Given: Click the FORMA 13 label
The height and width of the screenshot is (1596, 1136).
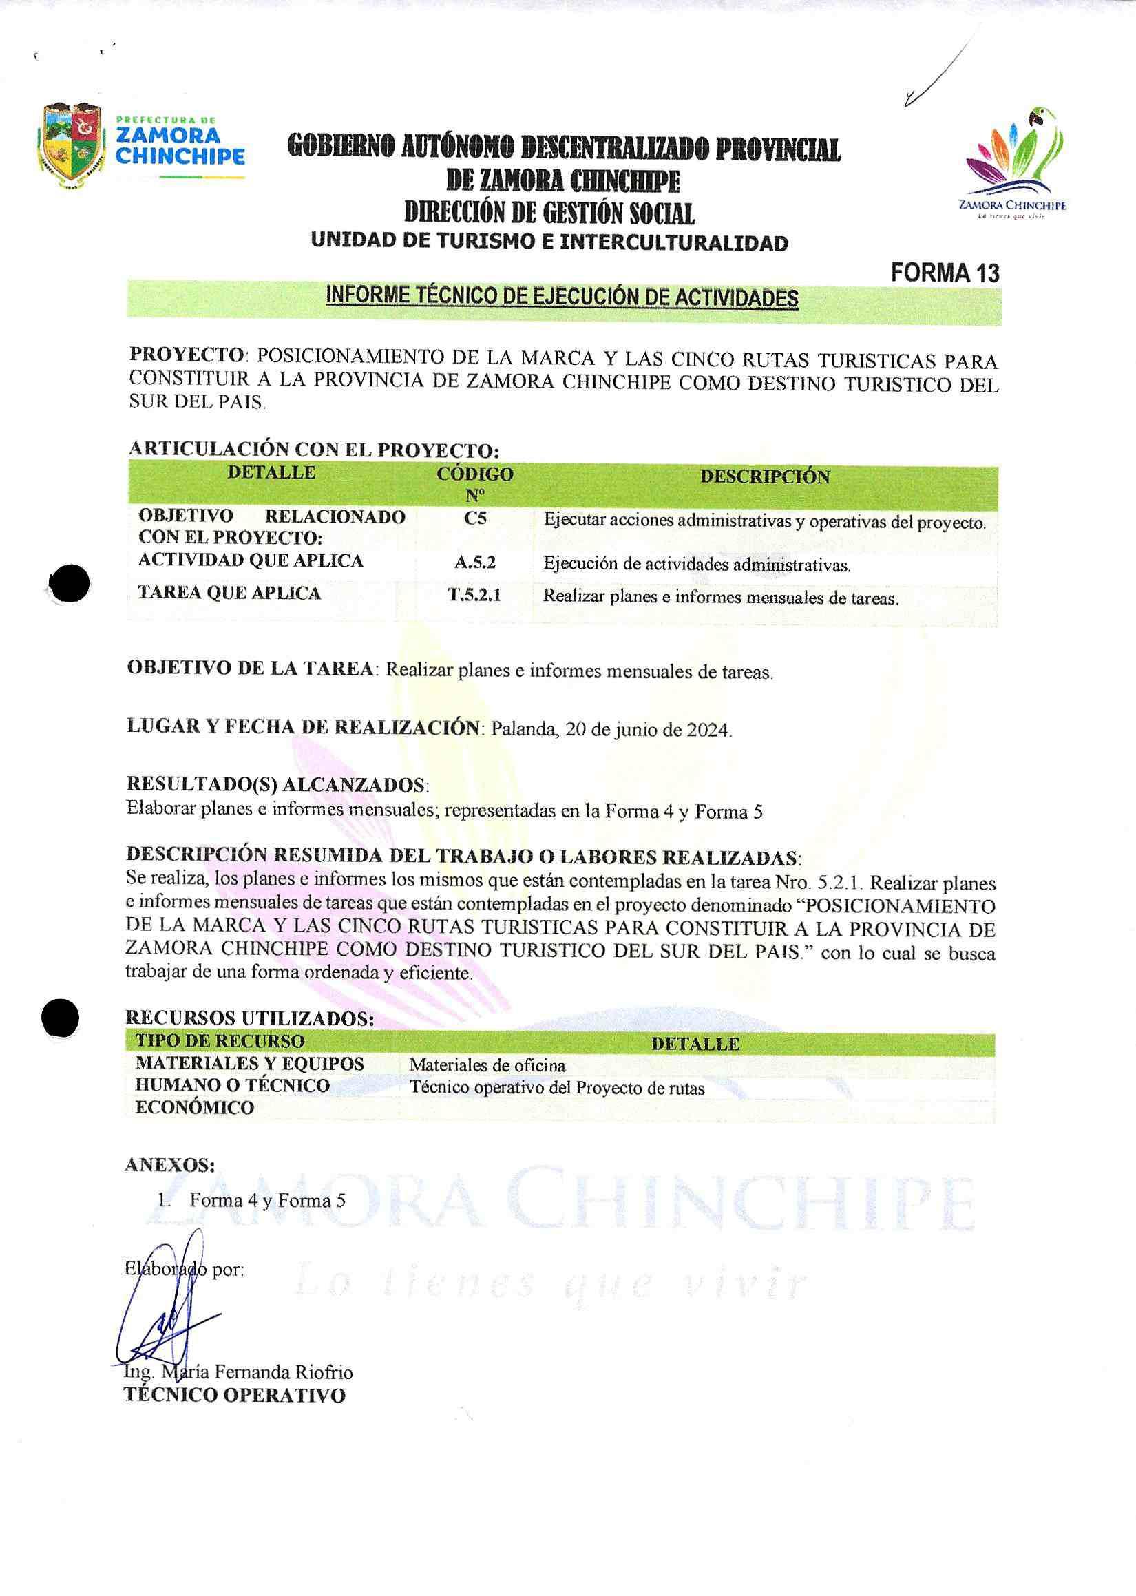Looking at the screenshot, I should coord(945,273).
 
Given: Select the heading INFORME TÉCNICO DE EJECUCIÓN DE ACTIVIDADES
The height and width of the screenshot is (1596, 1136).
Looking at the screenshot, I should coord(562,297).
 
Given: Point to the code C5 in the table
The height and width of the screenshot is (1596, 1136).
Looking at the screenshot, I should coord(475,519).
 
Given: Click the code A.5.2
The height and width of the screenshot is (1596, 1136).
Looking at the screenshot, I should coord(475,561).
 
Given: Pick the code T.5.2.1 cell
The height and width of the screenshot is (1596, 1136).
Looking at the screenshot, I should coord(475,595).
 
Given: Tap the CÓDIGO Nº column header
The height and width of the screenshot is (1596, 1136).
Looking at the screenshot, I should coord(475,483).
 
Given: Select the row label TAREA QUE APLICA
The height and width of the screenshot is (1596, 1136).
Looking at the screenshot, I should coord(229,593).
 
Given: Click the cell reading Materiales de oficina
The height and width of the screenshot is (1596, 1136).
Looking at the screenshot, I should coord(487,1065).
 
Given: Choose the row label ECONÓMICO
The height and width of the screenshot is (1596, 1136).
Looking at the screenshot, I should coord(194,1108).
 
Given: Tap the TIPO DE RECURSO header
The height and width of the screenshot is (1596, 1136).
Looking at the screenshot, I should coord(220,1041).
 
